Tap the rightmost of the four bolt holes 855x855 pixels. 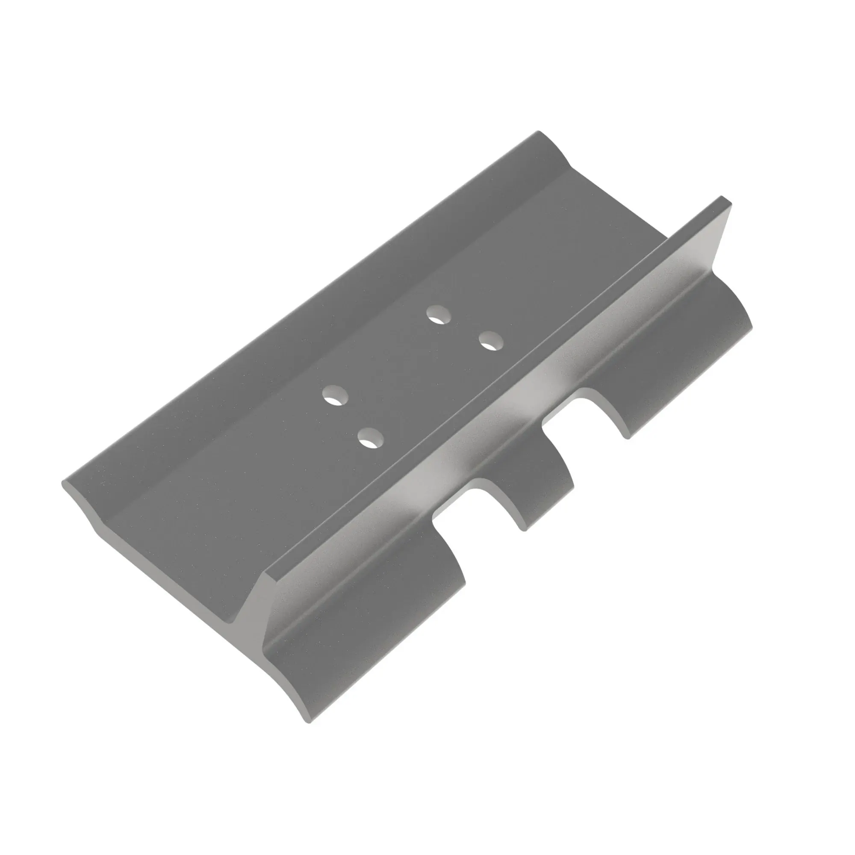(491, 341)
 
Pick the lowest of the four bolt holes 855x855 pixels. (371, 438)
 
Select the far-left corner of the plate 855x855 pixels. (63, 482)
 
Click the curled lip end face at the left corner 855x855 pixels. (82, 504)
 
